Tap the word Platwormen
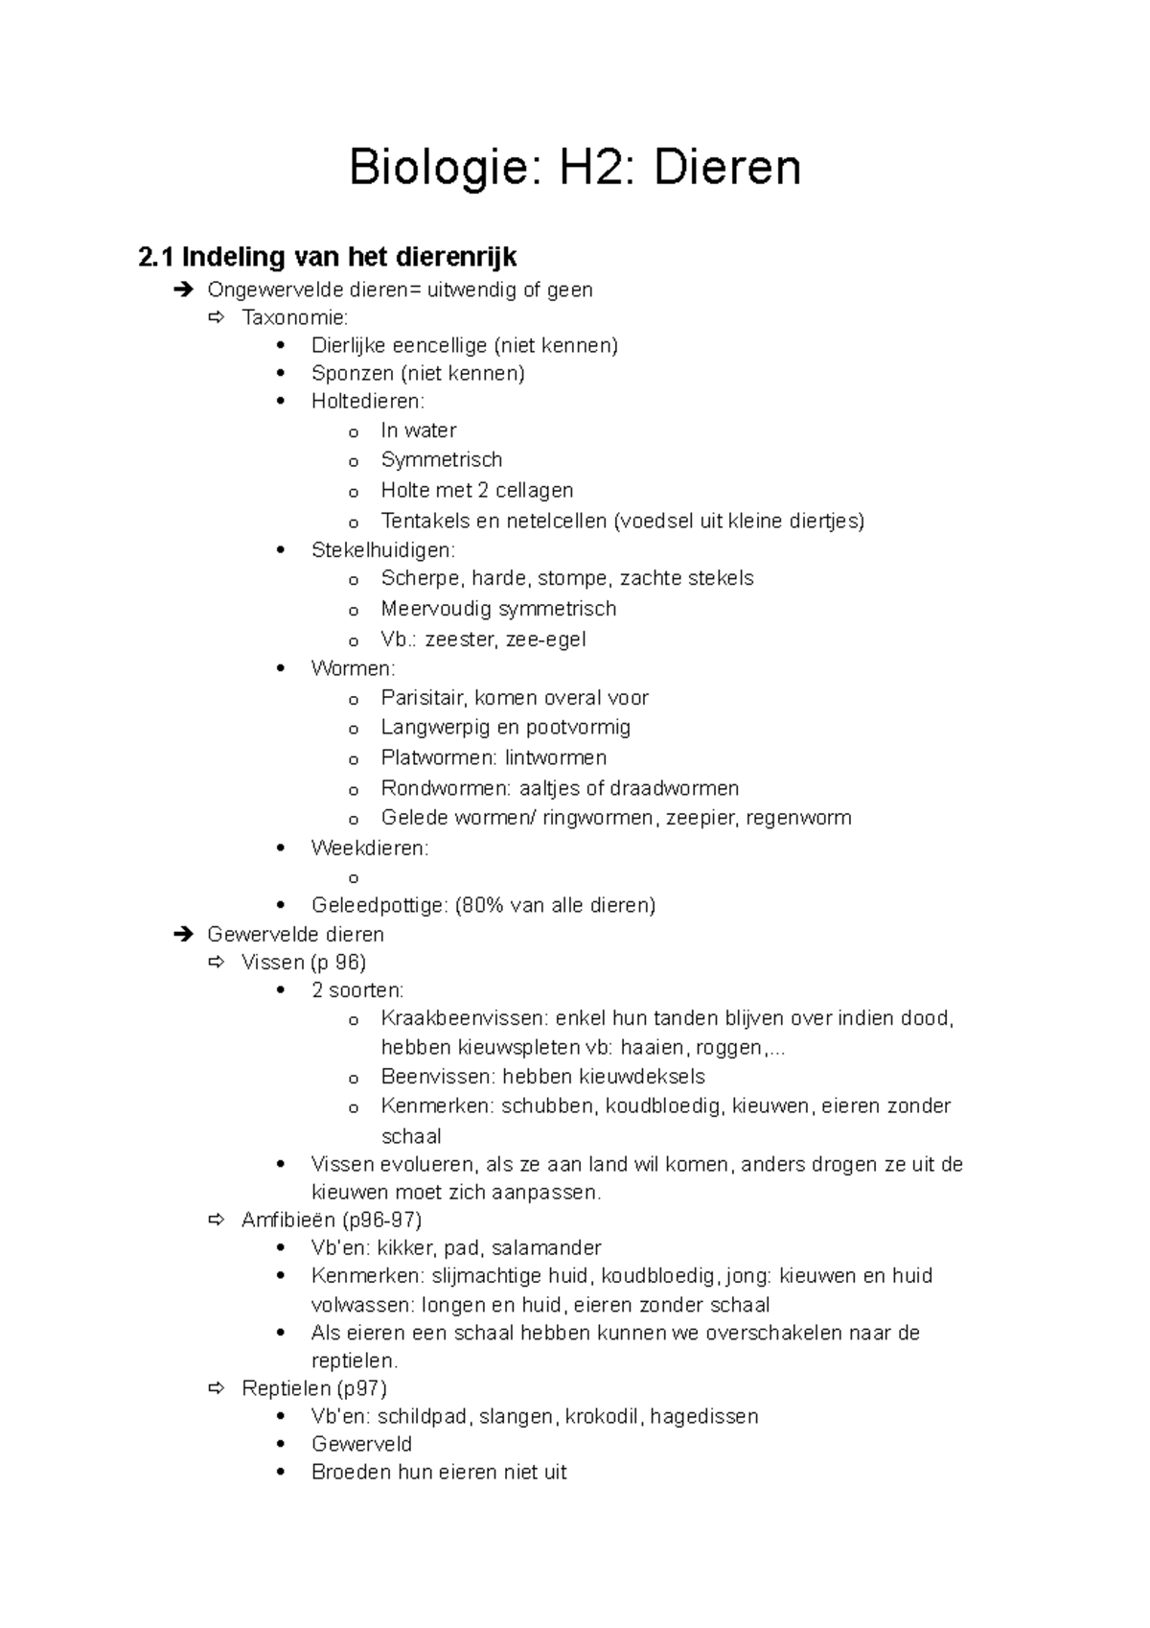[x=438, y=757]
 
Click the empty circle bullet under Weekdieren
[x=354, y=878]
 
